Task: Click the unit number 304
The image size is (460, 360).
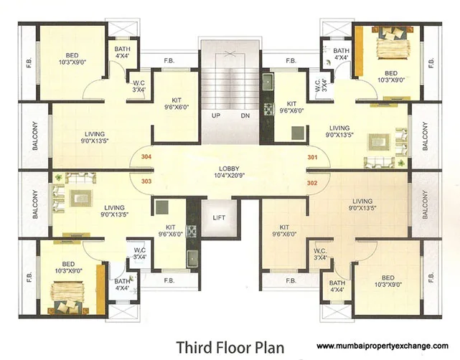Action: [x=146, y=156]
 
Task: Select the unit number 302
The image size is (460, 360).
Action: [x=312, y=183]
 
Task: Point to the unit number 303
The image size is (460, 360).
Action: [x=146, y=182]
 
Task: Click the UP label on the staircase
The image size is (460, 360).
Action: [x=215, y=115]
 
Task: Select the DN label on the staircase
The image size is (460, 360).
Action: [x=245, y=115]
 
